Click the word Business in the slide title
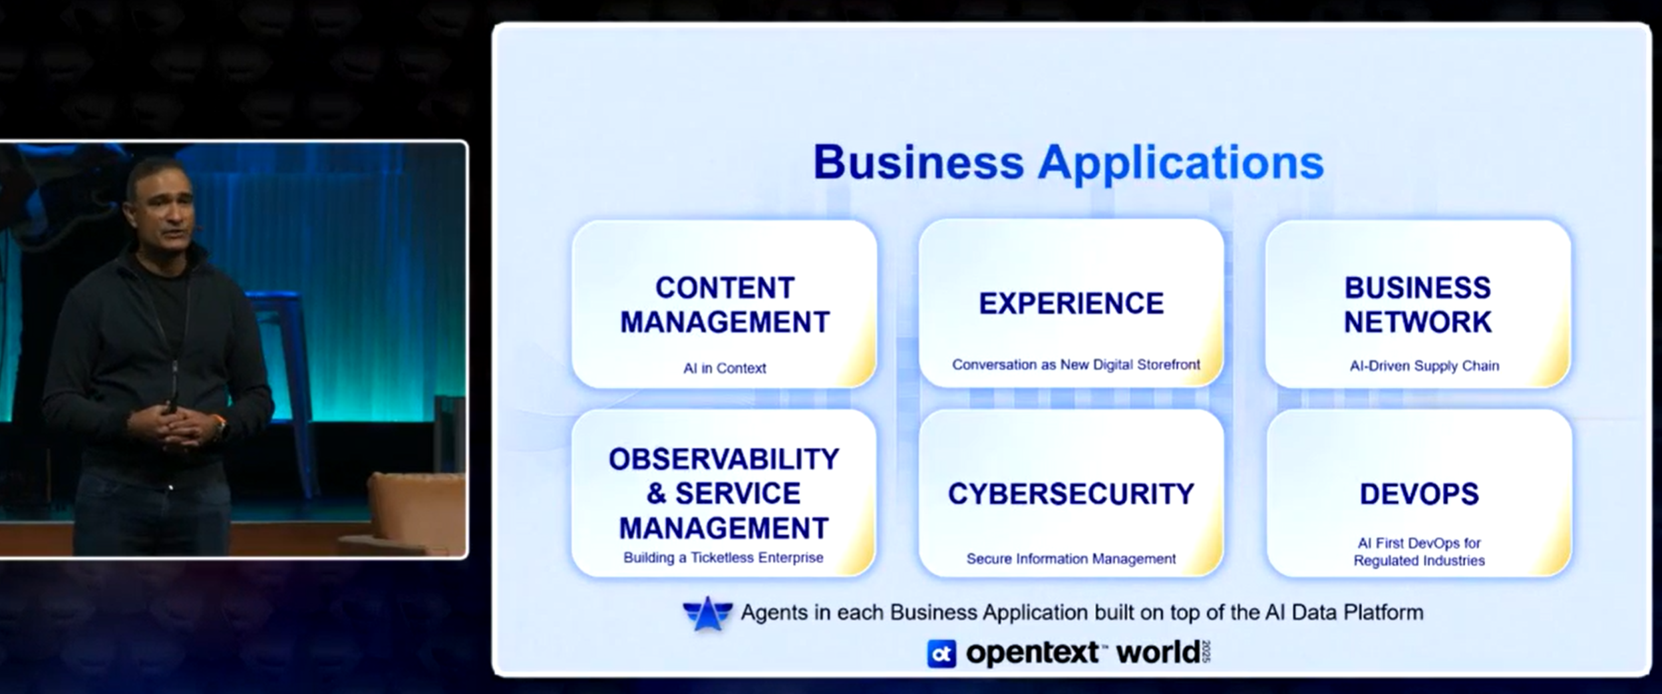click(918, 162)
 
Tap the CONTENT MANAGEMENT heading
click(725, 305)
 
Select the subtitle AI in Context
click(725, 368)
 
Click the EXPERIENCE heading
click(1071, 303)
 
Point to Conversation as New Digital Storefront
click(1076, 365)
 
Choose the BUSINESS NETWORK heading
click(1418, 305)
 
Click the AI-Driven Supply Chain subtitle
click(1424, 366)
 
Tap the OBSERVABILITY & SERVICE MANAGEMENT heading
click(724, 494)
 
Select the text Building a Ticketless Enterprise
click(723, 558)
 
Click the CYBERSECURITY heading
click(1071, 494)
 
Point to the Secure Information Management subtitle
click(1071, 559)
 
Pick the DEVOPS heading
click(1419, 494)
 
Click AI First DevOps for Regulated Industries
click(1419, 552)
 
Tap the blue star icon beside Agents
click(707, 613)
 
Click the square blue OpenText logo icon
click(941, 653)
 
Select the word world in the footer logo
click(1158, 653)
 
